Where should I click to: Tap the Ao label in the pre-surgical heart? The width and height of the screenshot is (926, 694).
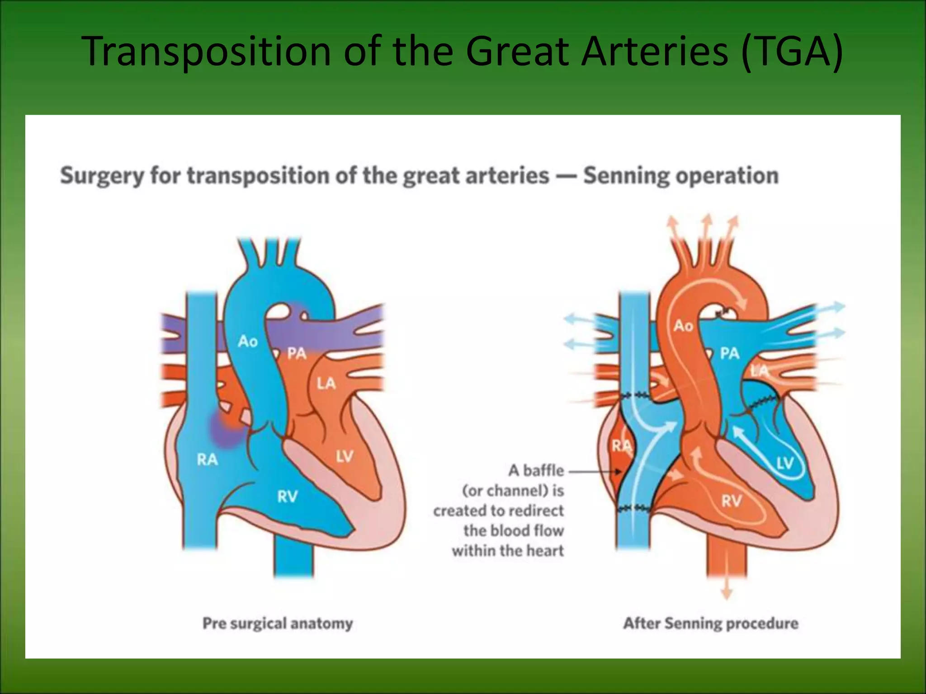point(248,341)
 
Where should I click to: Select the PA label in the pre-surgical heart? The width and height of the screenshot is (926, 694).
point(297,353)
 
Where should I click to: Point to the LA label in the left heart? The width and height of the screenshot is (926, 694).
point(326,384)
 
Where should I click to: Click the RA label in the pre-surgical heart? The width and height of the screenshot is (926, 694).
point(207,460)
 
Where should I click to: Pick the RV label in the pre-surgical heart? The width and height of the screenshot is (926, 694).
point(288,497)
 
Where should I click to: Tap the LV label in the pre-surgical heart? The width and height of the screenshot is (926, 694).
point(345,456)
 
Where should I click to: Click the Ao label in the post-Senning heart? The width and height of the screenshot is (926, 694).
point(683,325)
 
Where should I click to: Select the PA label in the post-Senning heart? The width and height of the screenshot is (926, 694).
point(730,353)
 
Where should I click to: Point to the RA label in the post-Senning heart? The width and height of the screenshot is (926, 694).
point(621,446)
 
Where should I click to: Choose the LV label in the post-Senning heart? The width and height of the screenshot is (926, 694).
point(785,463)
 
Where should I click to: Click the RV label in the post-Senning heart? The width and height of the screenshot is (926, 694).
point(731,500)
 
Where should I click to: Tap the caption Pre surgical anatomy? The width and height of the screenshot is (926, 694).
point(278,624)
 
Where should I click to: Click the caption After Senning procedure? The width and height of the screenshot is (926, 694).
point(711,624)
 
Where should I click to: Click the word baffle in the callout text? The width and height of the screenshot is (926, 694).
point(543,470)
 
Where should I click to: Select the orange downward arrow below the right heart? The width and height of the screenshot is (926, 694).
point(726,592)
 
